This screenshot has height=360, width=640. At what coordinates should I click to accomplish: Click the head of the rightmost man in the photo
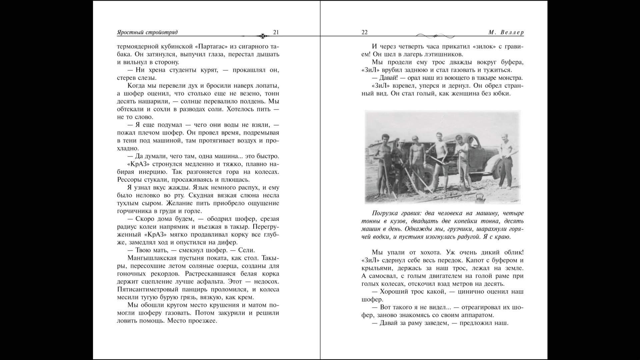[505, 137]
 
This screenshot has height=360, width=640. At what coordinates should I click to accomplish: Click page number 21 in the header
[276, 32]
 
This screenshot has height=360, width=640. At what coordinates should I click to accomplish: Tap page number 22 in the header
[364, 32]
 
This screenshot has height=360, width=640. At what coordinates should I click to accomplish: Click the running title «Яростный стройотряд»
[147, 32]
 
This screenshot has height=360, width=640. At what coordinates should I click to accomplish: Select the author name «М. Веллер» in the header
[506, 32]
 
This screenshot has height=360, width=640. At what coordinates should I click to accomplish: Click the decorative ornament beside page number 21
[263, 35]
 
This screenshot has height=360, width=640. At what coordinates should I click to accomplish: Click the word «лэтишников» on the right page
[442, 54]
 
